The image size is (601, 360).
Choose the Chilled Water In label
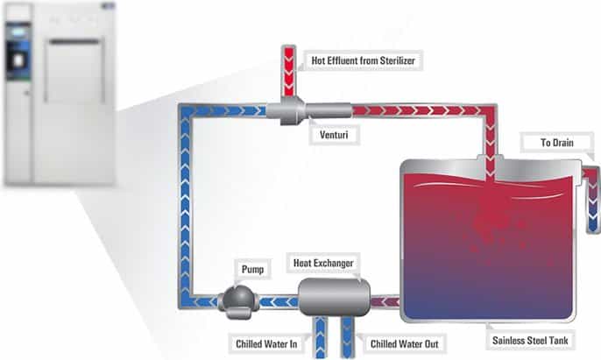268,344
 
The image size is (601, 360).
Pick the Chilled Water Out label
399,344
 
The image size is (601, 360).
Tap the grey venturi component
286,111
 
